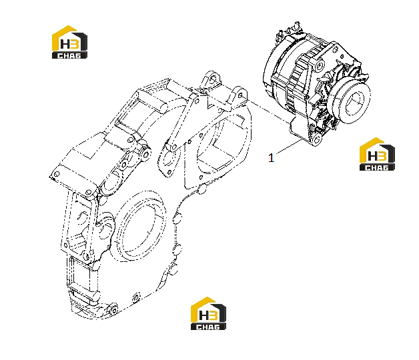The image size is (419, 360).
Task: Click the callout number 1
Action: (271, 158)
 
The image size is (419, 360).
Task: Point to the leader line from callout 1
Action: (289, 147)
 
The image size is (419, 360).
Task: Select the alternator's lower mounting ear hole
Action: (316, 139)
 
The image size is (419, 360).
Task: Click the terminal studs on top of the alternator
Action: (290, 30)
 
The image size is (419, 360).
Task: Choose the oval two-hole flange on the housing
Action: (168, 160)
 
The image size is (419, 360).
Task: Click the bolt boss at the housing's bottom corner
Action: (113, 309)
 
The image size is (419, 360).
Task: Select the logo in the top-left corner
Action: (69, 42)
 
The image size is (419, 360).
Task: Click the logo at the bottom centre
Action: (208, 313)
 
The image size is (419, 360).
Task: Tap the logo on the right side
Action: (377, 155)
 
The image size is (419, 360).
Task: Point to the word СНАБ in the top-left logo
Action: (69, 55)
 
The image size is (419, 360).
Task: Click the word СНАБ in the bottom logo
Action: (208, 327)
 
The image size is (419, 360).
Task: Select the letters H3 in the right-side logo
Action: (377, 156)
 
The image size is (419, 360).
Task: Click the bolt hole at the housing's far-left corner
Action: (57, 175)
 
